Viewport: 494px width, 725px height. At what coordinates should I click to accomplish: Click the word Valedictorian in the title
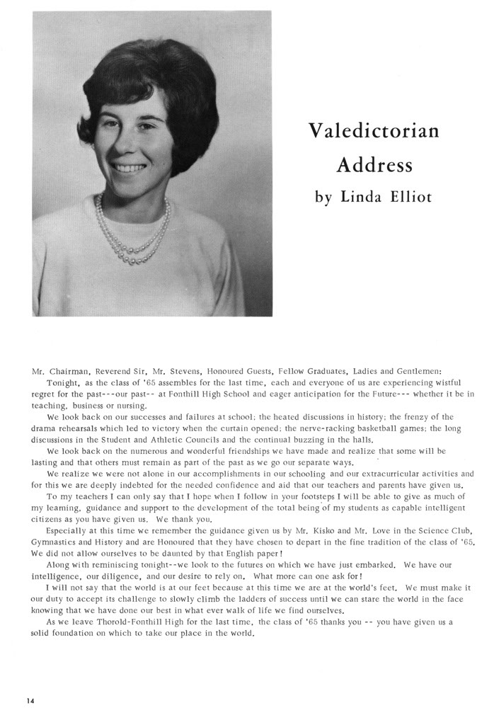tap(374, 131)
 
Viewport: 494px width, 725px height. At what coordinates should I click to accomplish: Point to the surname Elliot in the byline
tap(408, 196)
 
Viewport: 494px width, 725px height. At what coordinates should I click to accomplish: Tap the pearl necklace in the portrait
tap(134, 234)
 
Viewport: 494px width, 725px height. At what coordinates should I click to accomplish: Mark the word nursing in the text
tap(129, 406)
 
